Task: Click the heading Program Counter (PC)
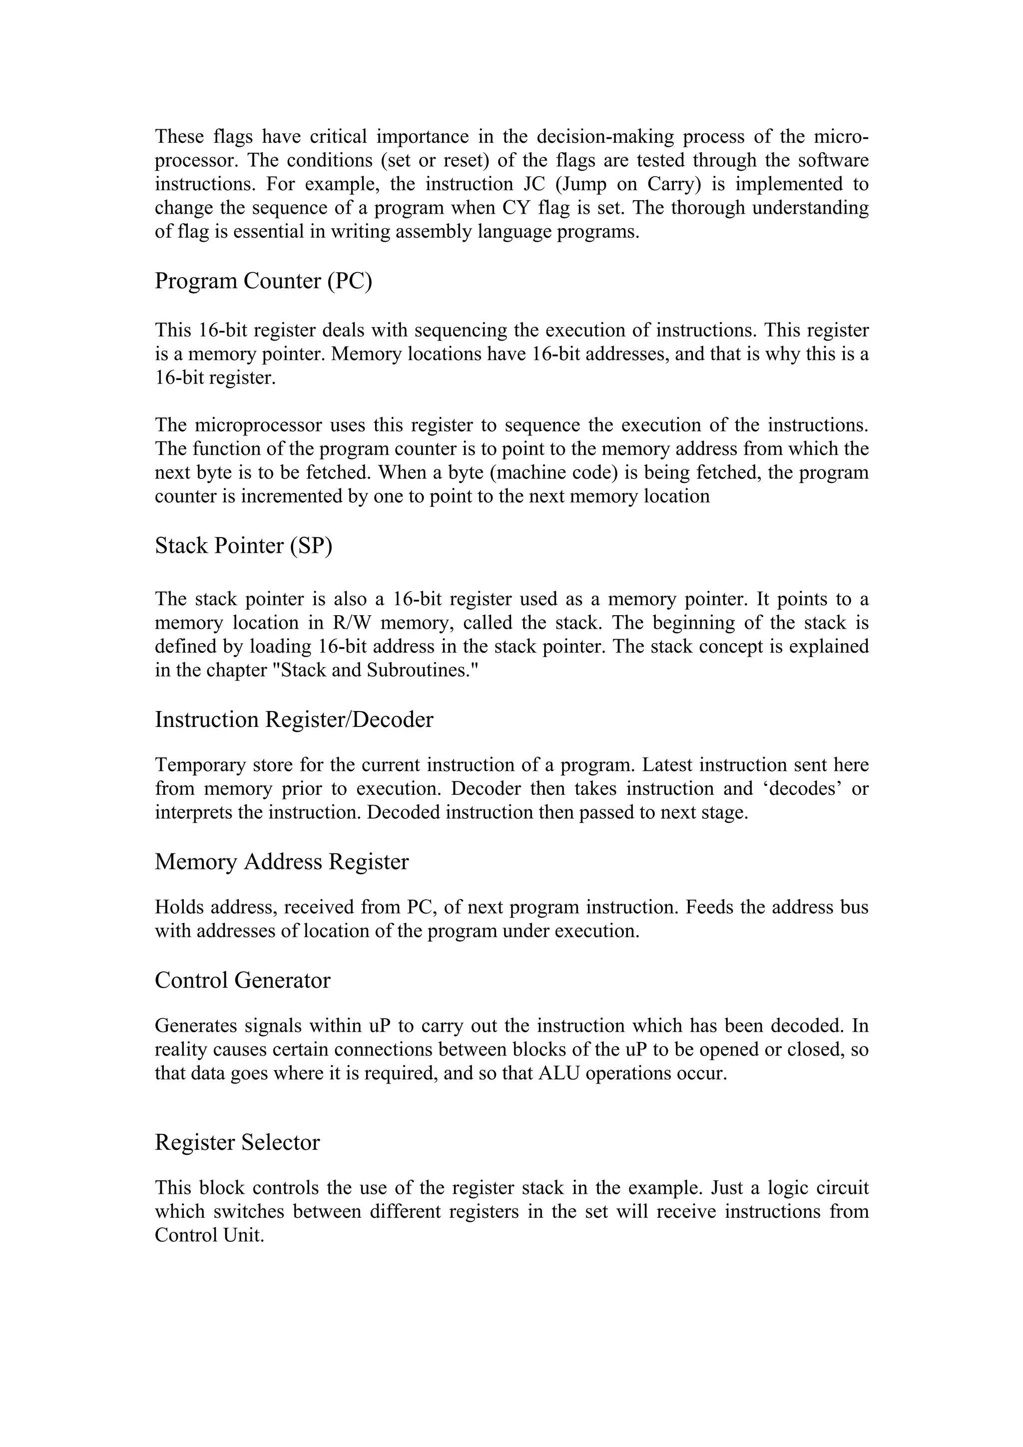tap(263, 281)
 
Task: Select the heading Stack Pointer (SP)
tap(243, 546)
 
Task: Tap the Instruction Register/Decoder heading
tap(294, 720)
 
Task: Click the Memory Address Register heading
tap(282, 861)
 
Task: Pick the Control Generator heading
tap(242, 980)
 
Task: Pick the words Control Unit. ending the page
tap(209, 1235)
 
